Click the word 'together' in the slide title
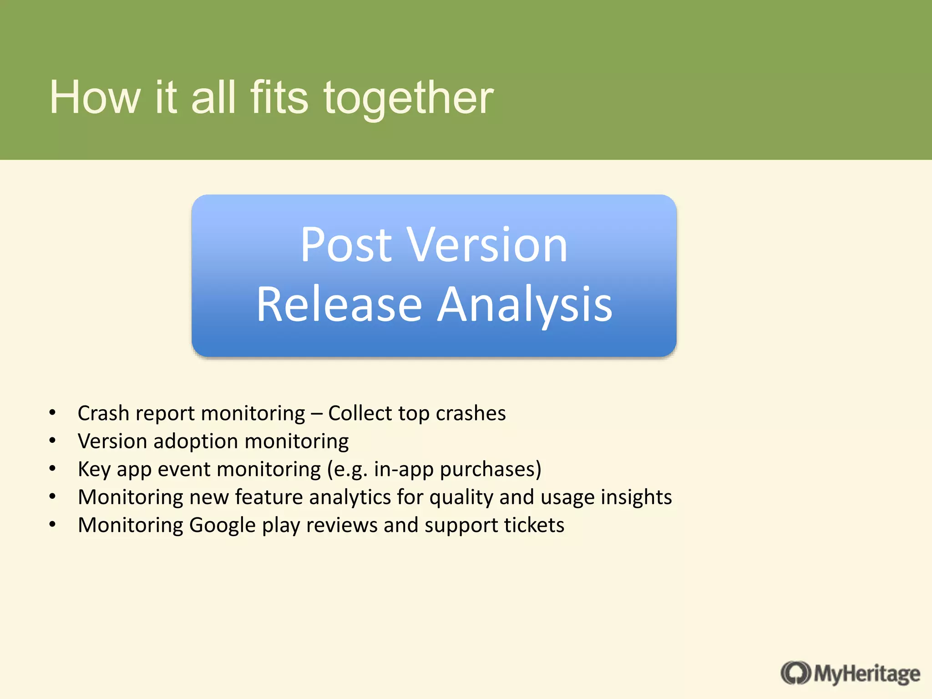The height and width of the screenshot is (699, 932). click(x=408, y=98)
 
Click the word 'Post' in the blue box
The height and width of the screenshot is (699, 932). click(x=346, y=245)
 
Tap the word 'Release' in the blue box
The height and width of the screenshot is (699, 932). click(x=339, y=304)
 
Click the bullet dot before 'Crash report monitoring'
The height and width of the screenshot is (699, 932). click(x=53, y=413)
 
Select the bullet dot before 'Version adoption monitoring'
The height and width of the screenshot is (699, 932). click(x=53, y=441)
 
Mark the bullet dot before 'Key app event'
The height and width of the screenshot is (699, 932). click(x=53, y=468)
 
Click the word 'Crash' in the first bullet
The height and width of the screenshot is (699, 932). click(x=103, y=413)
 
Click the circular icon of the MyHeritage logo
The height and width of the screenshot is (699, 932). click(x=795, y=673)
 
